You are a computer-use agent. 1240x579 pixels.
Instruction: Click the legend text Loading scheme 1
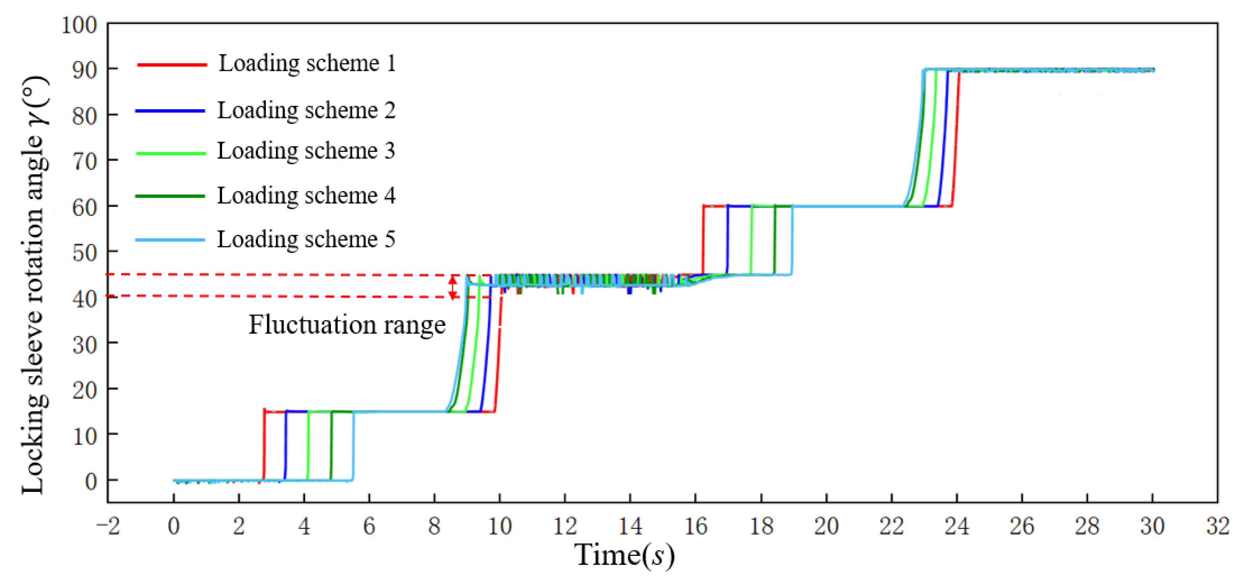307,64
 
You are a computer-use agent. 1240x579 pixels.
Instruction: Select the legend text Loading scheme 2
306,111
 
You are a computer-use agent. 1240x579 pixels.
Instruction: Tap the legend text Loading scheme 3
306,151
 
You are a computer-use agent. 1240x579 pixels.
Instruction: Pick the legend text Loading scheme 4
306,196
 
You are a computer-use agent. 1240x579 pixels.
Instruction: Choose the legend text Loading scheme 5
306,240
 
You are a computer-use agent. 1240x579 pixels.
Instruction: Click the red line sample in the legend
172,65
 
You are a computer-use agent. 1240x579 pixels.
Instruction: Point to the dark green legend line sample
170,196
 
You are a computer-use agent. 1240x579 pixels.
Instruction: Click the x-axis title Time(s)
624,555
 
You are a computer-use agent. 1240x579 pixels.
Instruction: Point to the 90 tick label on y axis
85,70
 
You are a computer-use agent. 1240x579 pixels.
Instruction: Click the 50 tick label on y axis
85,253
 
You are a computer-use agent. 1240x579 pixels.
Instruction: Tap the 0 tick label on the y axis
91,481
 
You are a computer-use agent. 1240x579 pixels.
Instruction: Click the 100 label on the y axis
79,25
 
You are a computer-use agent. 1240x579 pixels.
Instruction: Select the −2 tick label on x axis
108,526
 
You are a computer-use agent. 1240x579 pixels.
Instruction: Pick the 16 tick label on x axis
695,526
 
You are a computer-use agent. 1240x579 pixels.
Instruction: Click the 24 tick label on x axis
957,526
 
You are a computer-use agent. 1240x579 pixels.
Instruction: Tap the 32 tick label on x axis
1217,526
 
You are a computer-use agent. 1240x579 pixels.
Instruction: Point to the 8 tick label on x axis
434,526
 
